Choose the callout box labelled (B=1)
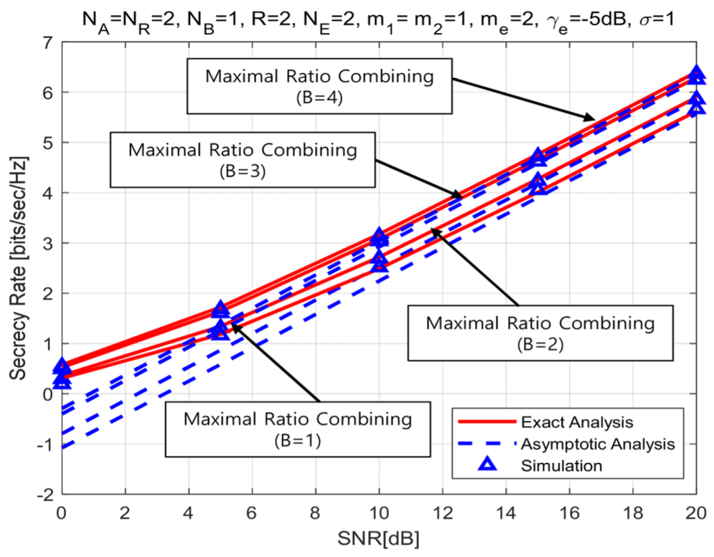point(298,427)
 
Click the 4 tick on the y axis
point(47,193)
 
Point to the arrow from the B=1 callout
point(276,362)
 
